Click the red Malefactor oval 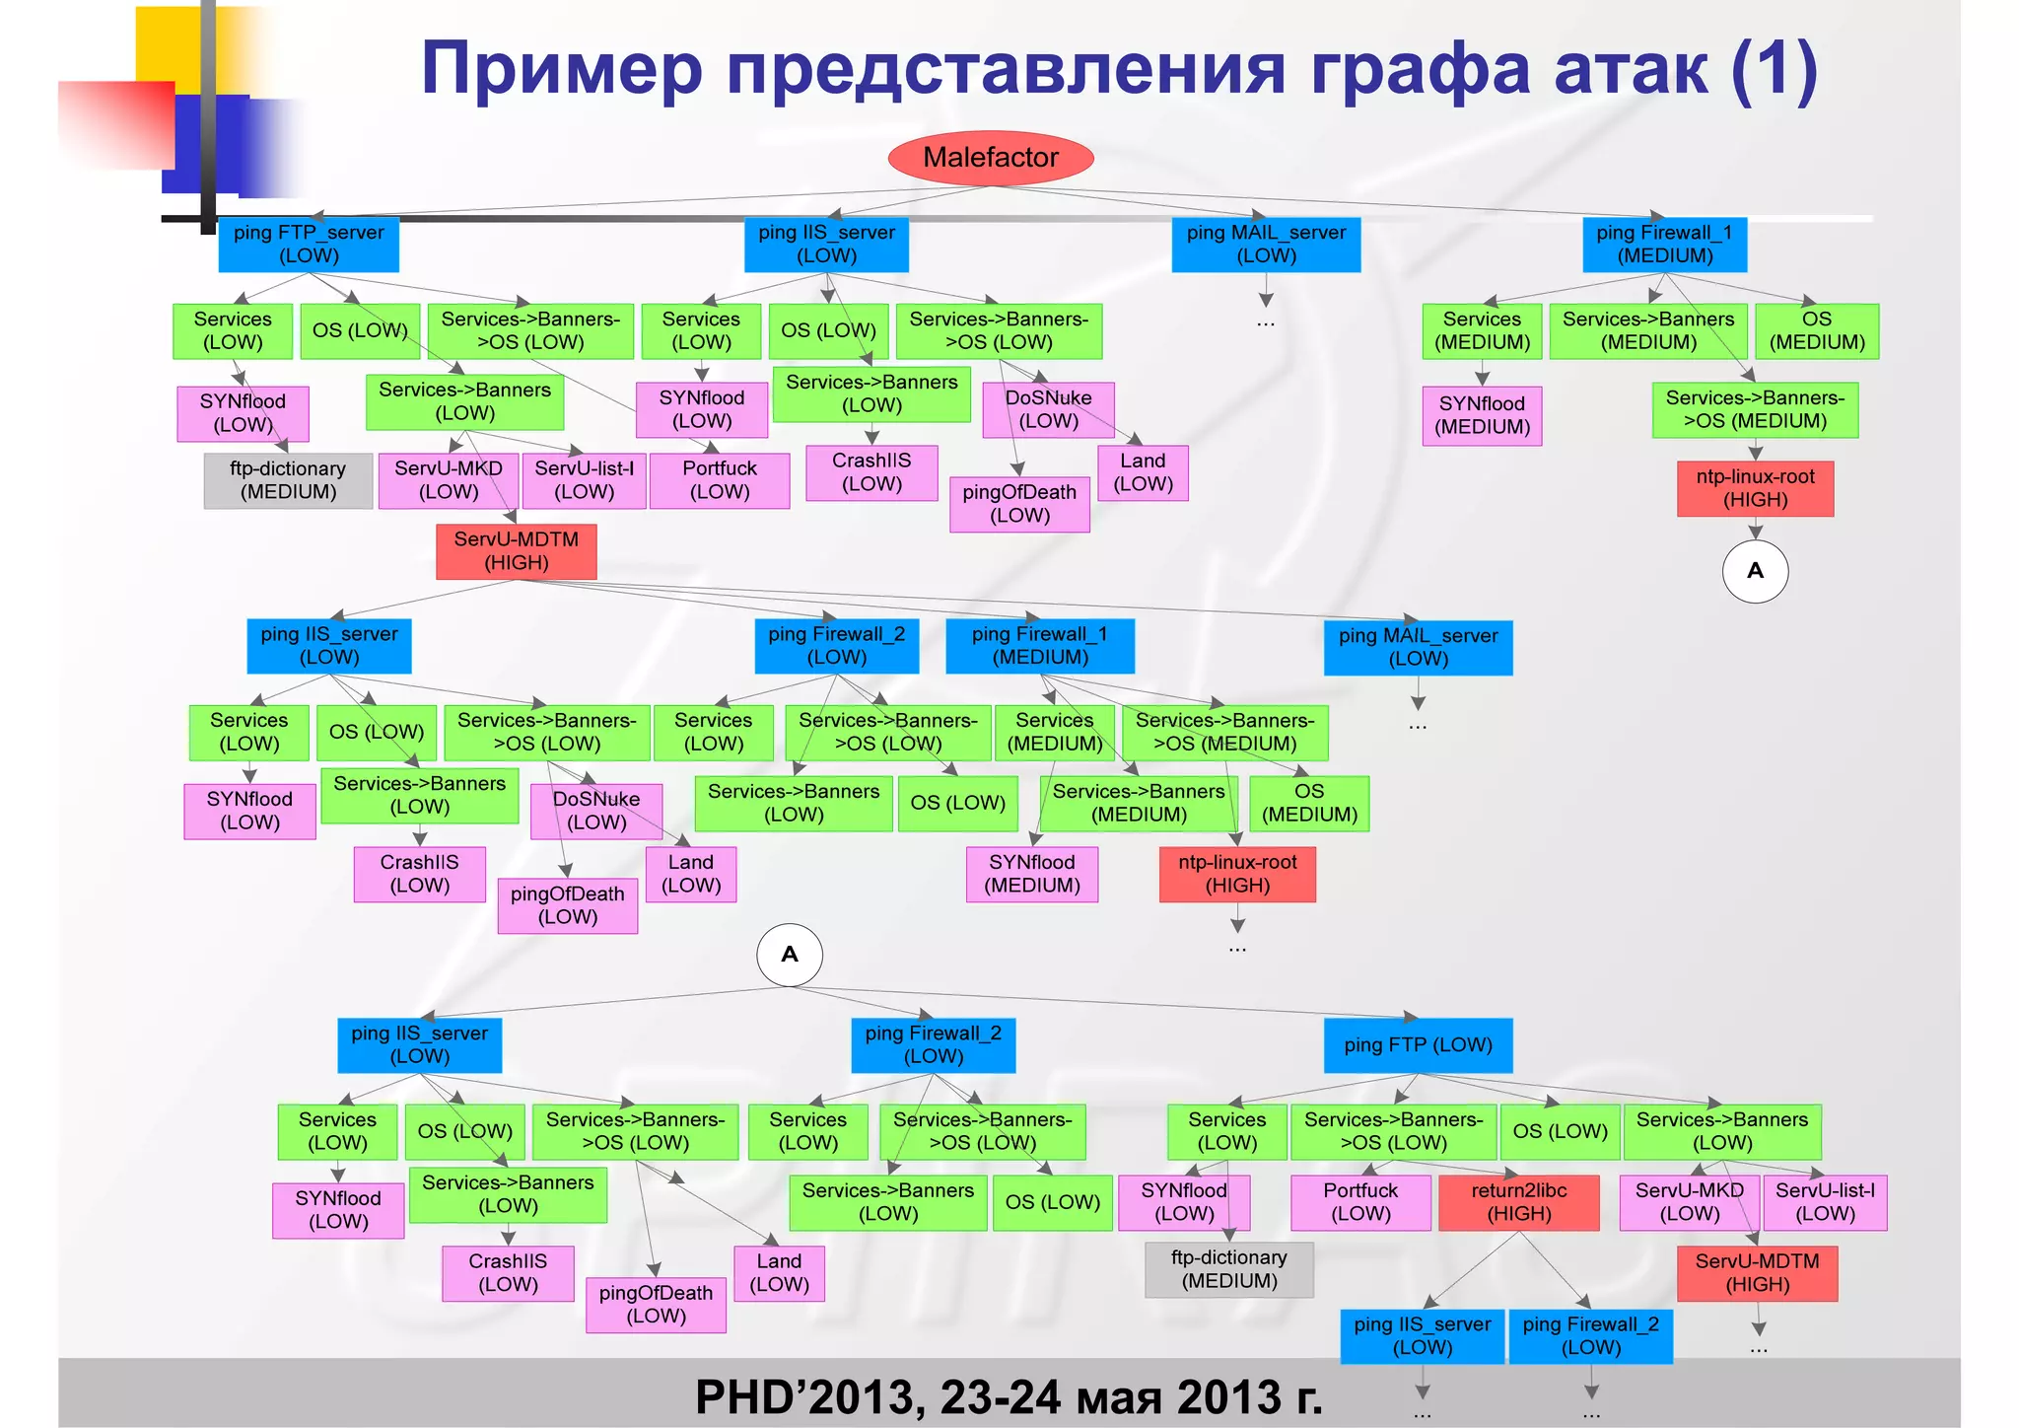[x=991, y=158]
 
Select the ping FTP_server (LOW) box [x=309, y=245]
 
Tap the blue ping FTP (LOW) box [x=1418, y=1045]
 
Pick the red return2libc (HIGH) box [x=1518, y=1202]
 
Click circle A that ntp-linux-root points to [x=1755, y=571]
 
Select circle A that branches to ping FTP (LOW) [x=790, y=955]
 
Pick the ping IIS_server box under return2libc [x=1422, y=1336]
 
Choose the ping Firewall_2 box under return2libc [x=1590, y=1336]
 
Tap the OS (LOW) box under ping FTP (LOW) [x=1560, y=1131]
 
